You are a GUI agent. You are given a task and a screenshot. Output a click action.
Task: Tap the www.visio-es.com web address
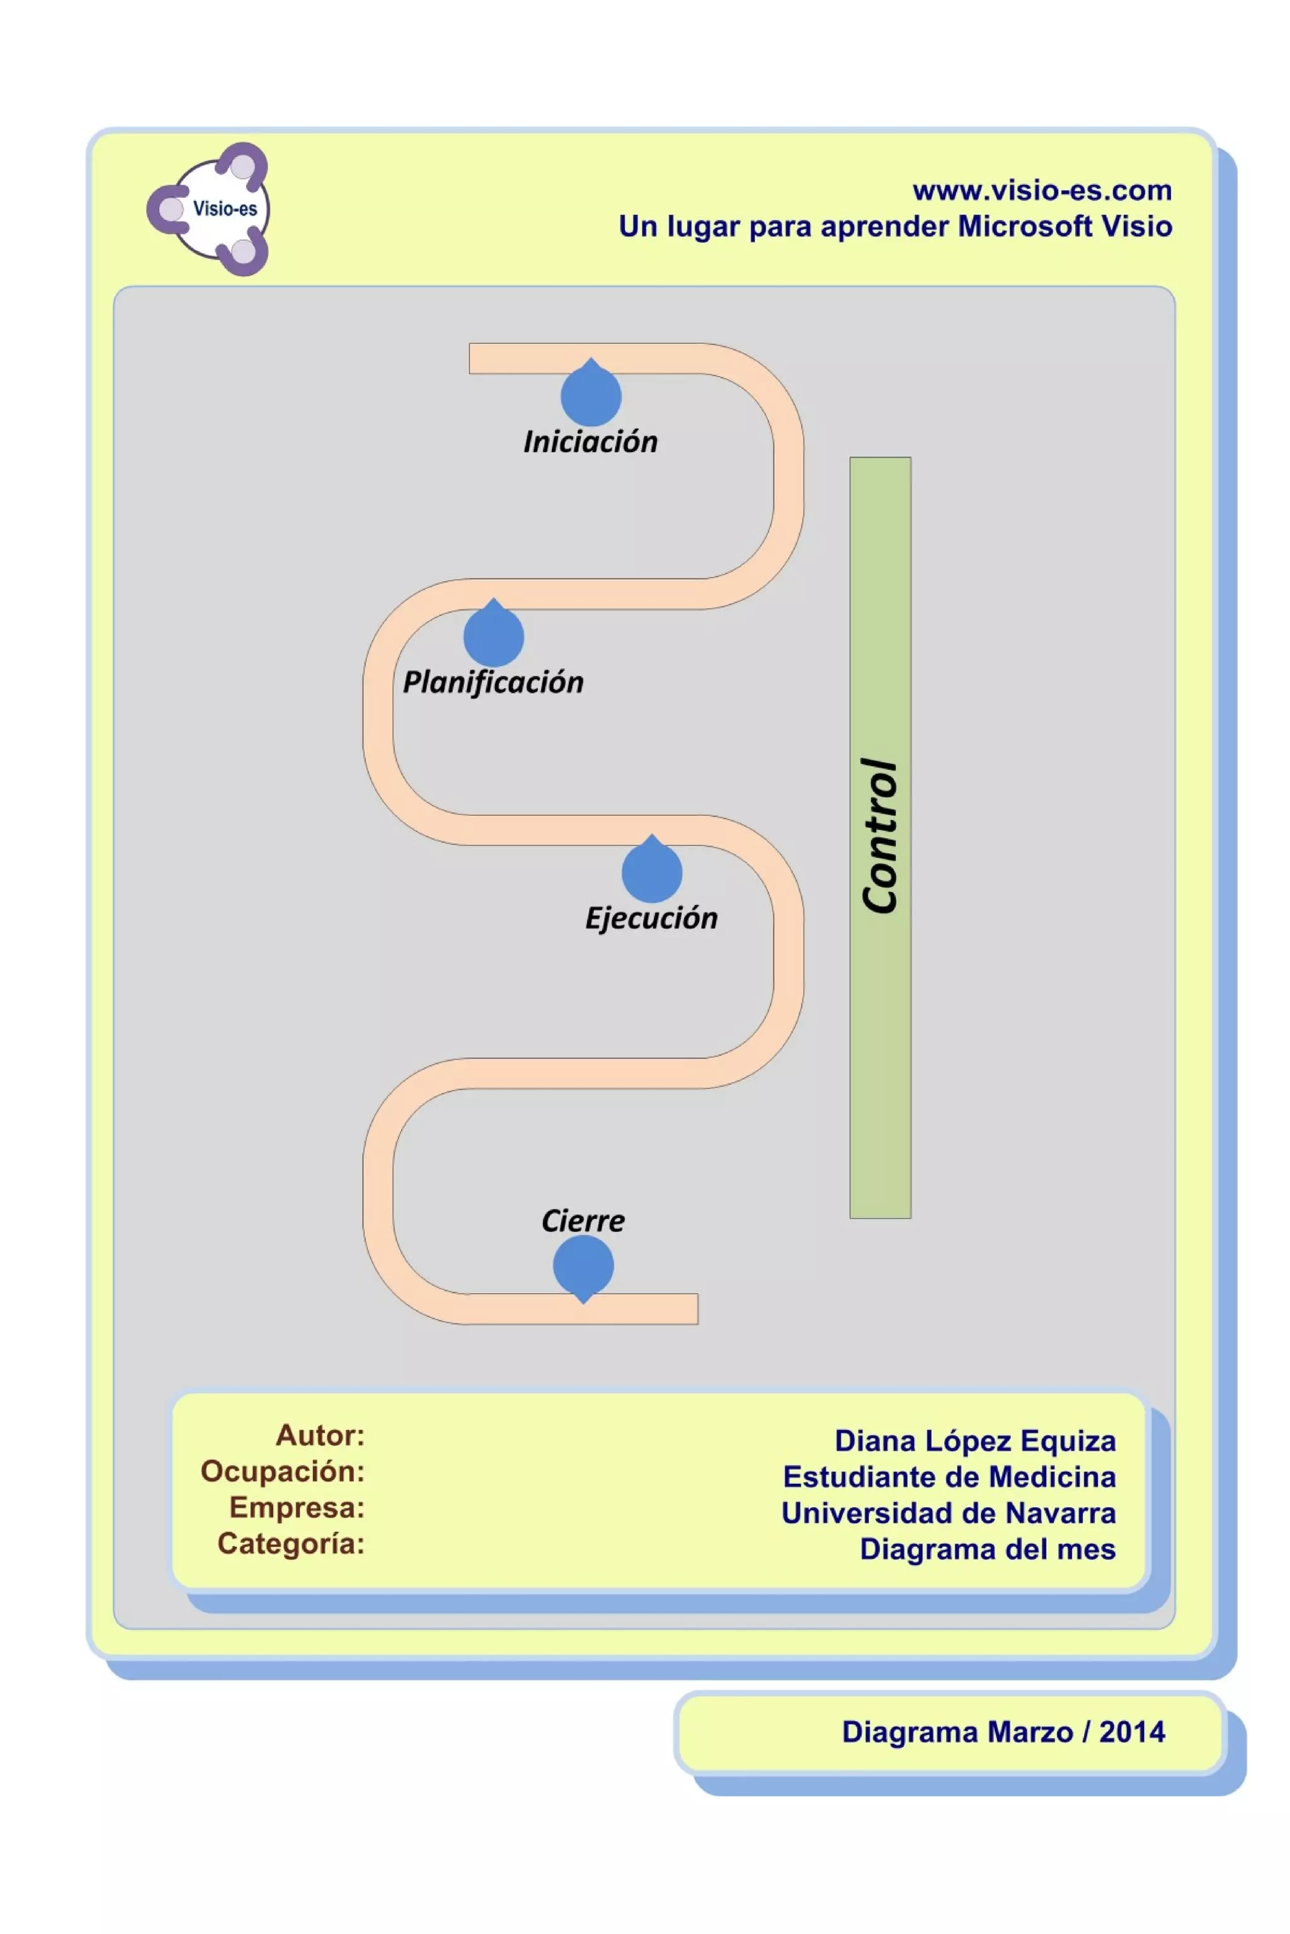(x=1042, y=191)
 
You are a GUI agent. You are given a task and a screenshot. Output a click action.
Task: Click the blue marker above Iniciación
(x=591, y=395)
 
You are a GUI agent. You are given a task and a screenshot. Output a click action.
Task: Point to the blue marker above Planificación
(x=494, y=636)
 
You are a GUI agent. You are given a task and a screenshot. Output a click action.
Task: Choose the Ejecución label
(x=651, y=919)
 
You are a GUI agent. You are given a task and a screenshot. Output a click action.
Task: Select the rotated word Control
(x=879, y=835)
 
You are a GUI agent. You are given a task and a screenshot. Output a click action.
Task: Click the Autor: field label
(x=320, y=1435)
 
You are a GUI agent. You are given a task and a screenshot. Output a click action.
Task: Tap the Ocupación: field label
(x=282, y=1471)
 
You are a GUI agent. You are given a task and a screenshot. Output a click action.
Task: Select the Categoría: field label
(x=290, y=1544)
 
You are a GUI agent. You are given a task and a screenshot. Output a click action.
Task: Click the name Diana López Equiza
(x=975, y=1440)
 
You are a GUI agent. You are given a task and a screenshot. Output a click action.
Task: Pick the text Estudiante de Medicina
(x=949, y=1477)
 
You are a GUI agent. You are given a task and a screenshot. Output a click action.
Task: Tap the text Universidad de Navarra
(x=949, y=1513)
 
